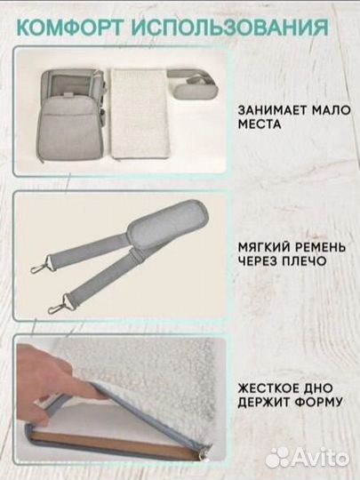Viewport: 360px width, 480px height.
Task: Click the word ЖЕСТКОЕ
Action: point(265,388)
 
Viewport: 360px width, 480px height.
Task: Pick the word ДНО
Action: point(314,388)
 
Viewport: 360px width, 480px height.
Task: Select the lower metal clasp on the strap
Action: point(58,307)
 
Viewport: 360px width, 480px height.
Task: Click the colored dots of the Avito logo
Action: point(278,456)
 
